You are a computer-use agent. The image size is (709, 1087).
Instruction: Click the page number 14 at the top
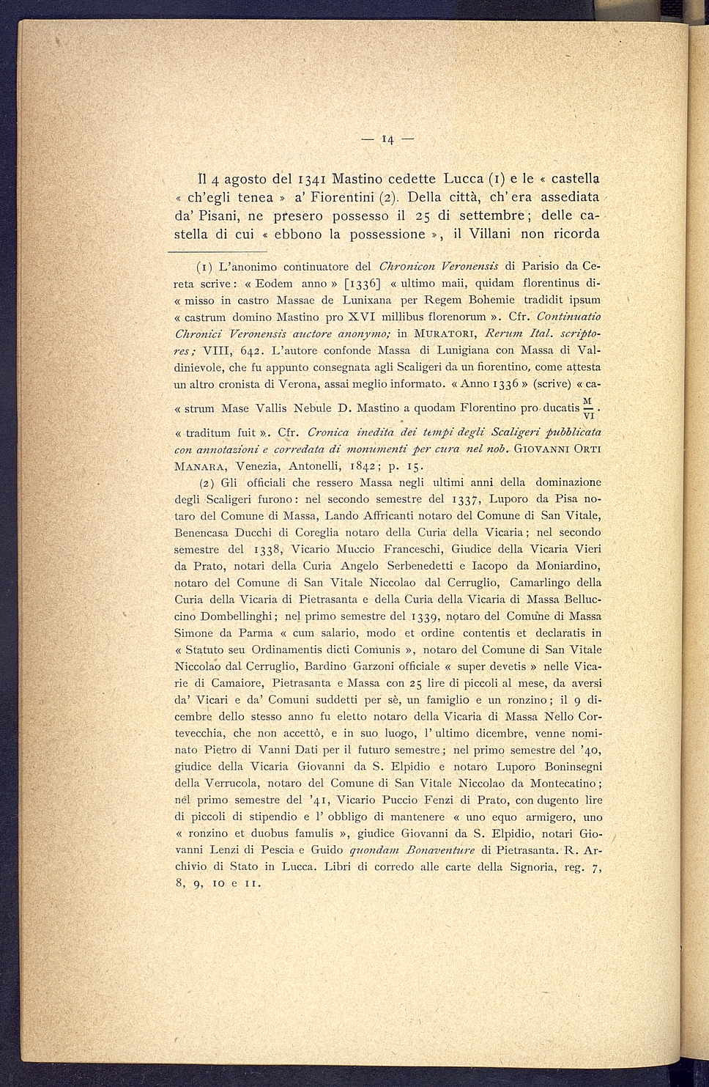tap(387, 139)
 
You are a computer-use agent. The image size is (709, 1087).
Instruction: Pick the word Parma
tap(253, 633)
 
